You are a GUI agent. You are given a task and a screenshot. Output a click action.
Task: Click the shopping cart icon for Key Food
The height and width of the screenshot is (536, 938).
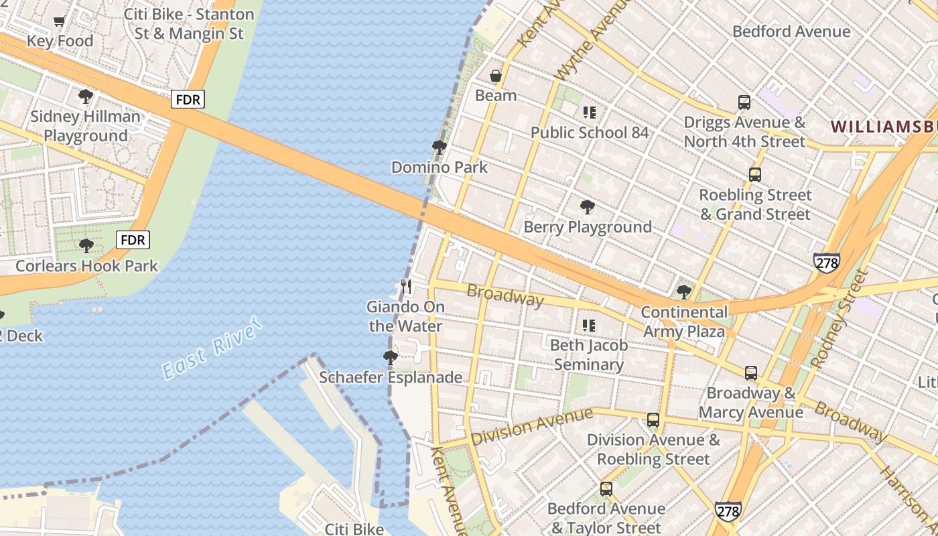click(59, 21)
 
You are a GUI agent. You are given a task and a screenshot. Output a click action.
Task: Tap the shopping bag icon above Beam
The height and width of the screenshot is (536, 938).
click(496, 76)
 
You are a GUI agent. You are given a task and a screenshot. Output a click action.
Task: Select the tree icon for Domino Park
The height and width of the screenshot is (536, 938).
click(440, 147)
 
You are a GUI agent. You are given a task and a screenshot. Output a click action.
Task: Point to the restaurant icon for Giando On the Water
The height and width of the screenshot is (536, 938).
click(406, 287)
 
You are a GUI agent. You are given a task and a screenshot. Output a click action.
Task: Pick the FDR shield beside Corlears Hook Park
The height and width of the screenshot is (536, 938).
click(133, 240)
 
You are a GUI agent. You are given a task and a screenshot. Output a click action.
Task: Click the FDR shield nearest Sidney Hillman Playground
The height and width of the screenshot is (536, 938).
click(188, 100)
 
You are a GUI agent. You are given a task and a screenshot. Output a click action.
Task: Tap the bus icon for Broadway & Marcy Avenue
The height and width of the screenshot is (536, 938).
click(751, 373)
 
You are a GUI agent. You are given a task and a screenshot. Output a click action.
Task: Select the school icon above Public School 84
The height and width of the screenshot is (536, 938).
click(590, 113)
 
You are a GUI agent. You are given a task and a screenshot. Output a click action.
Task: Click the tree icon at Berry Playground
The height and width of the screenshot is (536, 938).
click(588, 207)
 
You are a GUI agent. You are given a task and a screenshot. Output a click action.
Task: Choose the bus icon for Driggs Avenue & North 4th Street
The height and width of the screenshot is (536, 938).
click(744, 103)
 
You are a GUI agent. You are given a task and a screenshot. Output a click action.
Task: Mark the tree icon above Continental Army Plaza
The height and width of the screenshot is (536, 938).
click(684, 292)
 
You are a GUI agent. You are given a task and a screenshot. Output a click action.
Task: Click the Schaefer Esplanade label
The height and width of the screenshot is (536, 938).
click(390, 377)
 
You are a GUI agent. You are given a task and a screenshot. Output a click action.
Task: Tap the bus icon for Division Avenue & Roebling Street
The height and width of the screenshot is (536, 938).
click(653, 420)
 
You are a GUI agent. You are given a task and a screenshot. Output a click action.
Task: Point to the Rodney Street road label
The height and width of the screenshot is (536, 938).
click(839, 320)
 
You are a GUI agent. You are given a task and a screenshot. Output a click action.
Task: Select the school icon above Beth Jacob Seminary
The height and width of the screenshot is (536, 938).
click(589, 326)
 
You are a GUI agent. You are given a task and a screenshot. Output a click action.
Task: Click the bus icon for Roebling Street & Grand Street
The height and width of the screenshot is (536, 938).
click(755, 175)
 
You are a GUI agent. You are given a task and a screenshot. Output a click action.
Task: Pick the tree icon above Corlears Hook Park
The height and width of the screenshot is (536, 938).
click(86, 246)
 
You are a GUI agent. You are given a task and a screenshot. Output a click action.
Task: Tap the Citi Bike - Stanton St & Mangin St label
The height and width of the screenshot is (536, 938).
click(190, 23)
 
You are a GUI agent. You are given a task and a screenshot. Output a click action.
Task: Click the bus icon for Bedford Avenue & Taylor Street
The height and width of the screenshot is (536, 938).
click(606, 489)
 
